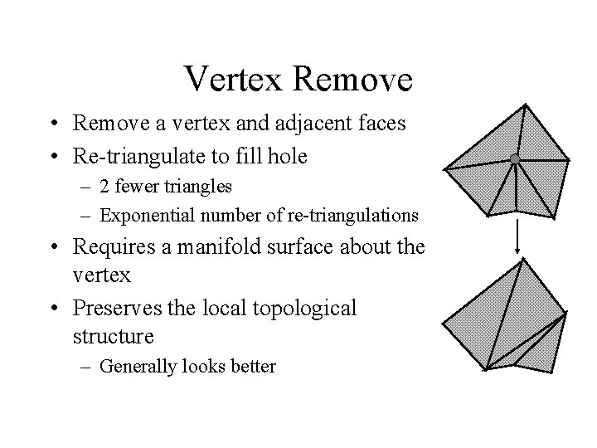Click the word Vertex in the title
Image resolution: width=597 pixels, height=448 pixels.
click(x=233, y=80)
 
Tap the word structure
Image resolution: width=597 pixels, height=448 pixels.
click(x=113, y=337)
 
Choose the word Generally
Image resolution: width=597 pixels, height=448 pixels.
click(x=135, y=366)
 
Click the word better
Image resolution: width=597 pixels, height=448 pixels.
click(x=253, y=366)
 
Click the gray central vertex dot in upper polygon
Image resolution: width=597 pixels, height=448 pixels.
click(x=515, y=158)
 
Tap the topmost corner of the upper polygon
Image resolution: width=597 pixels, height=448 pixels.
click(x=524, y=104)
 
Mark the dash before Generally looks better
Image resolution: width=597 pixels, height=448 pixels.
click(x=89, y=366)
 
